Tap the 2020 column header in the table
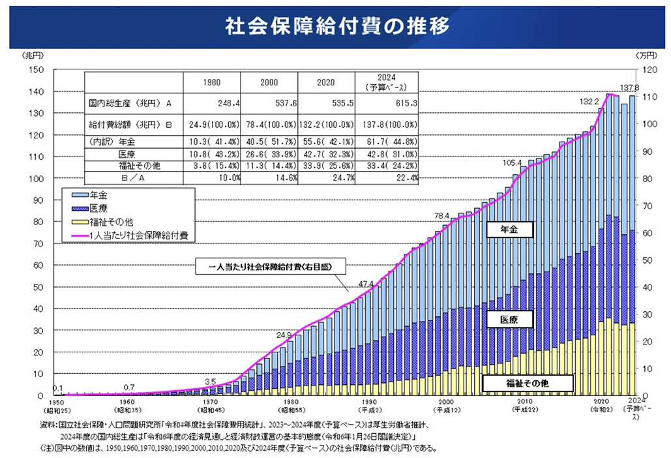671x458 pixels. (325, 83)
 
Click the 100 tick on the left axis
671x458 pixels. (35, 178)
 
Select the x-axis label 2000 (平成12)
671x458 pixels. (447, 406)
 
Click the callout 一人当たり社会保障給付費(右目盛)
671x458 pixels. (270, 267)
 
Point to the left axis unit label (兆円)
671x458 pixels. (32, 57)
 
